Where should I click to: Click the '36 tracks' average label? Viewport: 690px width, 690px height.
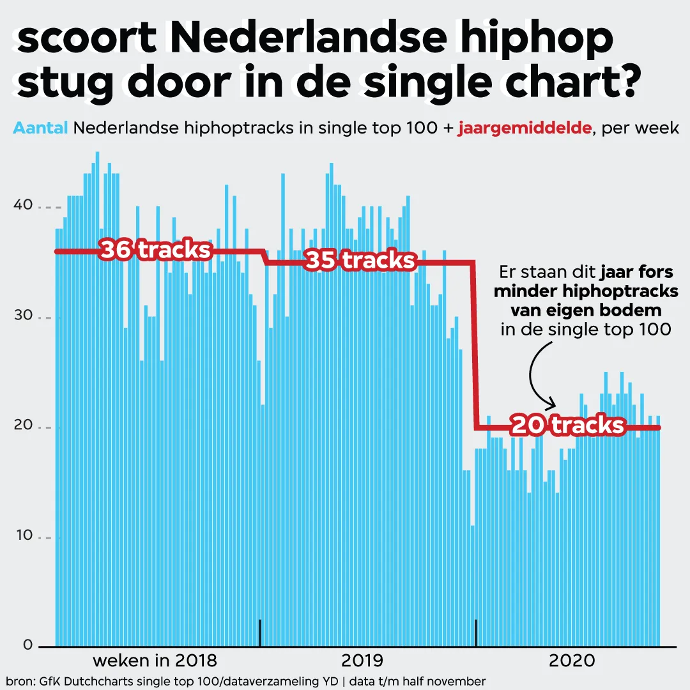tap(155, 250)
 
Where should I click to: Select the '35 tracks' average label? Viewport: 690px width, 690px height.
tap(360, 261)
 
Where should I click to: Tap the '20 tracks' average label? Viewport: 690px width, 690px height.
tap(567, 425)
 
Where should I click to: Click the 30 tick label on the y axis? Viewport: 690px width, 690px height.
tap(24, 318)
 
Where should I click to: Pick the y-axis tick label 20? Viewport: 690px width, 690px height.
tap(24, 427)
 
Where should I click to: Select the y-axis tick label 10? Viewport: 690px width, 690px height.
tap(24, 537)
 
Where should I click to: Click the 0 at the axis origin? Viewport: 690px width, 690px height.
tap(27, 645)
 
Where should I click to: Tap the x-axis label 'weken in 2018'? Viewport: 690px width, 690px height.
tap(155, 660)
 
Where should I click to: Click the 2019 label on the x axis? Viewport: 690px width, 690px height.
tap(362, 660)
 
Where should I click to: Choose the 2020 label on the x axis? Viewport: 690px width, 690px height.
tap(572, 660)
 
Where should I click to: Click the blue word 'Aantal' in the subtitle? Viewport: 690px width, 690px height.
tap(40, 128)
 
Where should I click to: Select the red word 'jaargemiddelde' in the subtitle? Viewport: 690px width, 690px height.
tap(524, 128)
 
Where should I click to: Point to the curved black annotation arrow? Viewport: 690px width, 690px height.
tap(535, 377)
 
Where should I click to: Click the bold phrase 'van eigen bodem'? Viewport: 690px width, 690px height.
tap(586, 310)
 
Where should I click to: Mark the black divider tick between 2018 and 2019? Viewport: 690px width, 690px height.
tap(260, 632)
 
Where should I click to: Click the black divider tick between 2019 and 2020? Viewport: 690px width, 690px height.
tap(476, 632)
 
